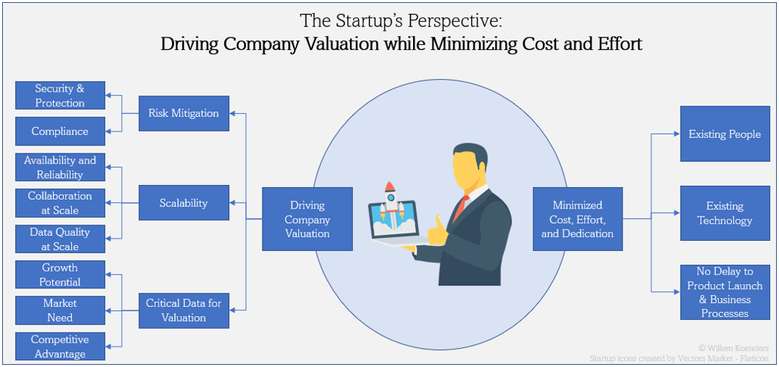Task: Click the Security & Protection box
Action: [60, 95]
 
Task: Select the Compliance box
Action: [60, 131]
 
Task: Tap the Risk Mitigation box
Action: [184, 113]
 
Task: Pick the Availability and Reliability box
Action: [60, 167]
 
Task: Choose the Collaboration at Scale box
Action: [60, 203]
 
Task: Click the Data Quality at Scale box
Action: [60, 239]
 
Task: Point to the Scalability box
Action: [184, 203]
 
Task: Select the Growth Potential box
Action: [60, 275]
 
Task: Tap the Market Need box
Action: [60, 310]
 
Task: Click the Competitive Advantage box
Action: [60, 346]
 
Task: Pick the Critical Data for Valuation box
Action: [184, 310]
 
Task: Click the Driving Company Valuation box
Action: [307, 219]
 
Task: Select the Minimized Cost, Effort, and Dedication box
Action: [578, 219]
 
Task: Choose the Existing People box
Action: [725, 134]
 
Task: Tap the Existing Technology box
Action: [725, 214]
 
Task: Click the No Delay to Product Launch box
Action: [725, 292]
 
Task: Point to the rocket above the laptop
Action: [392, 197]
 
